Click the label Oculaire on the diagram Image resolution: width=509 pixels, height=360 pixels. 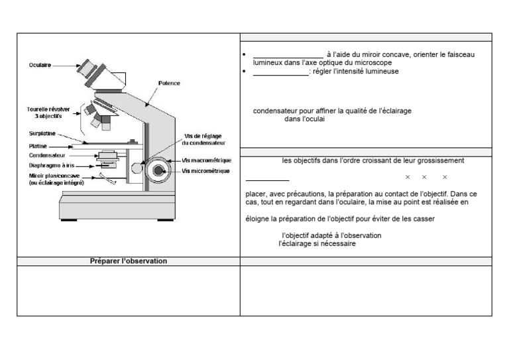click(x=40, y=65)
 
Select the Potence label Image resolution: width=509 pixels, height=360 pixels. click(x=169, y=84)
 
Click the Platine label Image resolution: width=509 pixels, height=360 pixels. click(x=38, y=145)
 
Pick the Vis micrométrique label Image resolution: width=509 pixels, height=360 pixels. click(x=205, y=171)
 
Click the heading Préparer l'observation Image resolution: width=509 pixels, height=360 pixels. click(x=129, y=261)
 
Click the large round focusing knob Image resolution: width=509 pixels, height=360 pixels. click(x=158, y=171)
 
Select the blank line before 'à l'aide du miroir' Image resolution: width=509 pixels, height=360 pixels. click(x=288, y=56)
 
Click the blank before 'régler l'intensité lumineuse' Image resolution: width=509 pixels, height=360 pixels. click(x=280, y=72)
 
